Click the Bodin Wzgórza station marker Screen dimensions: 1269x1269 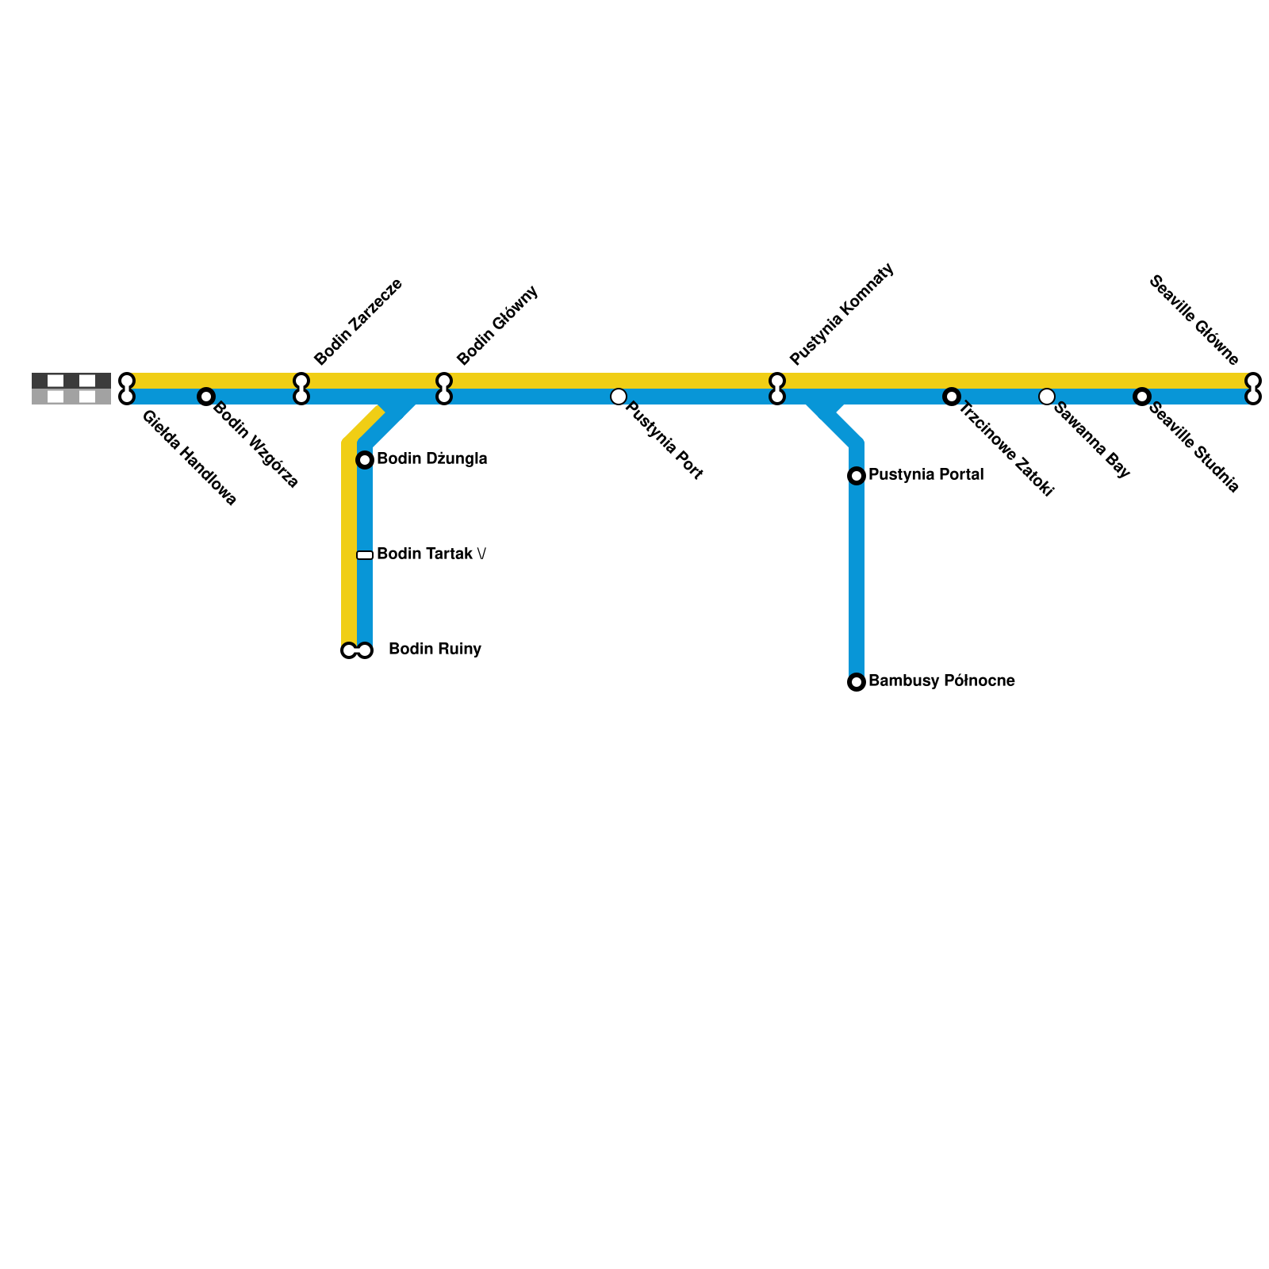(x=206, y=397)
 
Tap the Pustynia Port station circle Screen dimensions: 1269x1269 (x=619, y=397)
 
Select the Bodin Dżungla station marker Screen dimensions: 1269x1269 (x=365, y=460)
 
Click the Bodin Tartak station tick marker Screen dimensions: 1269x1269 (x=365, y=555)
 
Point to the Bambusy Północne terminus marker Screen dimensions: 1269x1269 (x=857, y=682)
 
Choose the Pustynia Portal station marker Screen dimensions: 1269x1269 (x=857, y=476)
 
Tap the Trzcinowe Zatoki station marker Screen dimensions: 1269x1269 (x=952, y=397)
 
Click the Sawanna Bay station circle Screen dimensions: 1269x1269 (x=1047, y=397)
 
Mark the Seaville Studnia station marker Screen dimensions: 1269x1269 (x=1142, y=397)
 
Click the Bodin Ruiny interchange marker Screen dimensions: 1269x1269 (x=357, y=651)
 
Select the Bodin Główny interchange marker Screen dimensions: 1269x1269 (x=444, y=389)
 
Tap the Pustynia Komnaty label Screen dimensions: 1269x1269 (x=842, y=314)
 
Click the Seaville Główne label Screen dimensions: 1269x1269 (x=1194, y=320)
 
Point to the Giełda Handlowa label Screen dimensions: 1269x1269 (x=189, y=458)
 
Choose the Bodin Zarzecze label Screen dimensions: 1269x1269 (x=358, y=321)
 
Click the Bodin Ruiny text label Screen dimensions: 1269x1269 (x=435, y=650)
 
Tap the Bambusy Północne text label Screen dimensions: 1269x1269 (x=941, y=681)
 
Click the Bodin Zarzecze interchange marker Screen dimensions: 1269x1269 (x=301, y=389)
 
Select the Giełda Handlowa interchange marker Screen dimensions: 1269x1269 (x=127, y=389)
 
